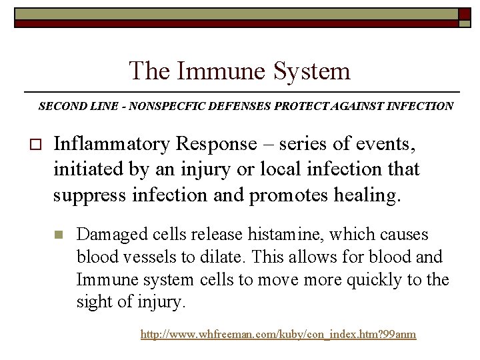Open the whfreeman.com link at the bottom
(x=278, y=334)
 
